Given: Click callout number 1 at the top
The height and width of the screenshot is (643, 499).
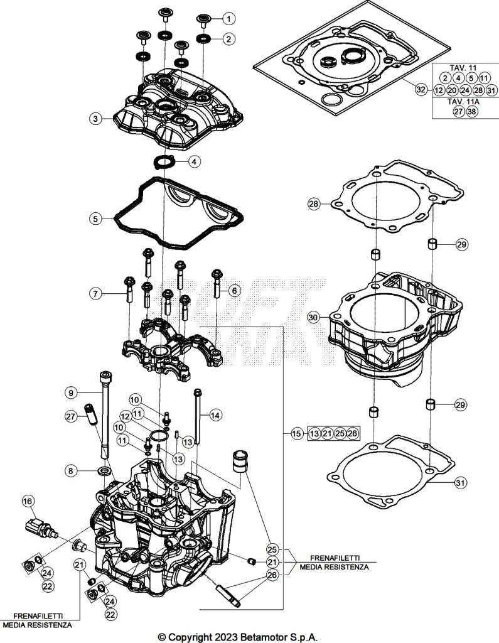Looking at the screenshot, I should (228, 18).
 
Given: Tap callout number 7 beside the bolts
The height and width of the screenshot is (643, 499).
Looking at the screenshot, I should (95, 293).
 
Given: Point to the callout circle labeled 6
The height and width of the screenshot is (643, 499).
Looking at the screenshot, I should (234, 291).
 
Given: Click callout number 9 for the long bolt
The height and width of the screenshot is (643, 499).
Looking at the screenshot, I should (71, 392).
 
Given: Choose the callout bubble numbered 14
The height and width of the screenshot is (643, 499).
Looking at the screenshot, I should (215, 414).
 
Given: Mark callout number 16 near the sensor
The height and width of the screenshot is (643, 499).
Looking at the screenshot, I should (28, 501).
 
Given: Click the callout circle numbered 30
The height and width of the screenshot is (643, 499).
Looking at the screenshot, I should (314, 318).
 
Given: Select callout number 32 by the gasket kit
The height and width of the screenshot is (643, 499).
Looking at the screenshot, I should (421, 90).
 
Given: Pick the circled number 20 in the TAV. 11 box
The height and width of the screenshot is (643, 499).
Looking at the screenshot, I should (451, 90).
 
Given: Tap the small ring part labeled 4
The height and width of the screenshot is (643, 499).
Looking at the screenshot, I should (166, 162).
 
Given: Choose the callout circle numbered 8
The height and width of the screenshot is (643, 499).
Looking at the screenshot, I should (71, 470).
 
